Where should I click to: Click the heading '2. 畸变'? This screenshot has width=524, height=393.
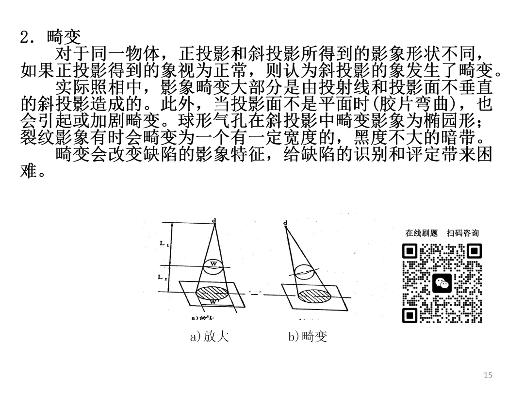point(50,36)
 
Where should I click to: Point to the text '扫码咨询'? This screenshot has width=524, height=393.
point(462,233)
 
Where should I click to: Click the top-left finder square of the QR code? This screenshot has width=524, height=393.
point(410,252)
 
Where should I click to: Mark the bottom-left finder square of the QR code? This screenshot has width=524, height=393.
point(410,316)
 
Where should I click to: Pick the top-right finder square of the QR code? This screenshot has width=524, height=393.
point(474,252)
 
